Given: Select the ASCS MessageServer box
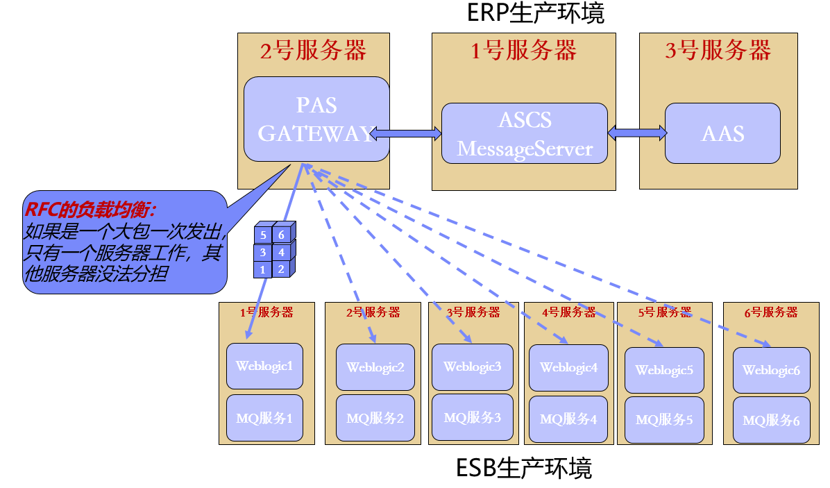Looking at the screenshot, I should pyautogui.click(x=525, y=133).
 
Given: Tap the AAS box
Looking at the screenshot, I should pyautogui.click(x=722, y=133).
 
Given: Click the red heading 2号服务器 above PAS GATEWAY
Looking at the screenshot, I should pyautogui.click(x=313, y=51).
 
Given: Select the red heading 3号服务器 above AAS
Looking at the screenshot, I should pyautogui.click(x=718, y=51).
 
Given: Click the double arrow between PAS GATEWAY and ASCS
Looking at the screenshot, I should pyautogui.click(x=406, y=132).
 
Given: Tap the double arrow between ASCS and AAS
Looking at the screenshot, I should pyautogui.click(x=636, y=132).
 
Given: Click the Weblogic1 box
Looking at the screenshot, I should pyautogui.click(x=264, y=366).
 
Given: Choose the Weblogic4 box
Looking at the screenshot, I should pyautogui.click(x=568, y=368).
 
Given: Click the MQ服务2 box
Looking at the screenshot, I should pyautogui.click(x=375, y=418).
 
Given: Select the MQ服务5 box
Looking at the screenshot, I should pyautogui.click(x=664, y=420).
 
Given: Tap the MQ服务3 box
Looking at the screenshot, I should pyautogui.click(x=472, y=418).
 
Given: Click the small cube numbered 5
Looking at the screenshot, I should pyautogui.click(x=263, y=235).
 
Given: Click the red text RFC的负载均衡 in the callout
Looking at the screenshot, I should pyautogui.click(x=90, y=210).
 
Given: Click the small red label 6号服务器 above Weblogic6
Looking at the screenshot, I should pyautogui.click(x=770, y=313).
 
